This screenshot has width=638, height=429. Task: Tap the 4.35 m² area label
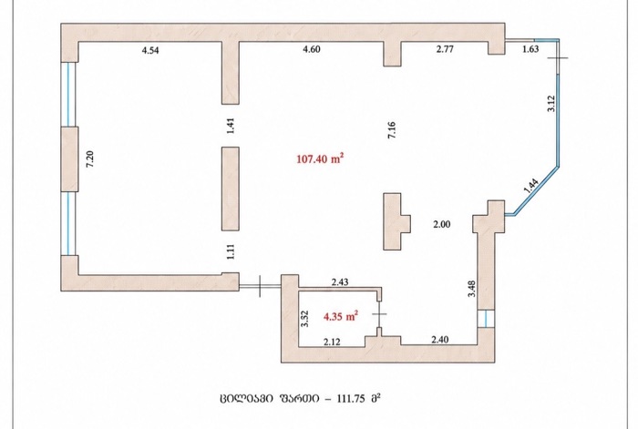click(341, 316)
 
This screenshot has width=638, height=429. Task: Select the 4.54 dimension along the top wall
click(150, 50)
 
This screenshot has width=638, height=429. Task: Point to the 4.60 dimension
click(312, 49)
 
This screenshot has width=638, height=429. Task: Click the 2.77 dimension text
click(445, 49)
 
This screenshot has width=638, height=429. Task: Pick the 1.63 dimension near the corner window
click(530, 49)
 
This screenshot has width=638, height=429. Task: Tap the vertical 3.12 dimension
click(551, 103)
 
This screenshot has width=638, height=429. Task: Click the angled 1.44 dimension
click(531, 187)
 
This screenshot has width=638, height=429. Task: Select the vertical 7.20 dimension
click(90, 158)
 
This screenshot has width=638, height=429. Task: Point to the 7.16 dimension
click(392, 130)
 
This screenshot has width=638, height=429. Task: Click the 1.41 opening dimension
click(232, 126)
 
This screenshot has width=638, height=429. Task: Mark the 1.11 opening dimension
click(232, 251)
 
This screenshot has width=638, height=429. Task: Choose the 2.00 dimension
click(441, 224)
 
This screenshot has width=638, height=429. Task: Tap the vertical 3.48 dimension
click(471, 289)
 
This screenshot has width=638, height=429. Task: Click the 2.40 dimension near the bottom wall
click(440, 339)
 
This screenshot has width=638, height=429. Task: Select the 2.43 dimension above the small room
click(340, 281)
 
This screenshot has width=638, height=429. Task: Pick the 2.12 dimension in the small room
click(332, 342)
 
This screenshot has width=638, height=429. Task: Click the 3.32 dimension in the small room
click(304, 319)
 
